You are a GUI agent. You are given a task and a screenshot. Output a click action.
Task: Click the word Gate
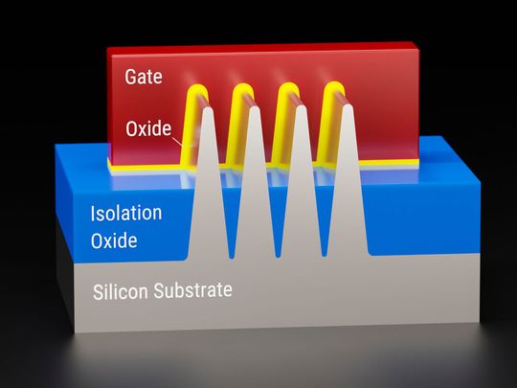[144, 74]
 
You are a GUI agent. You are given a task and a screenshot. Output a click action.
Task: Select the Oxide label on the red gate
[147, 128]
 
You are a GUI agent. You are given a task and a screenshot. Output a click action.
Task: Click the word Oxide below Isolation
[114, 239]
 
